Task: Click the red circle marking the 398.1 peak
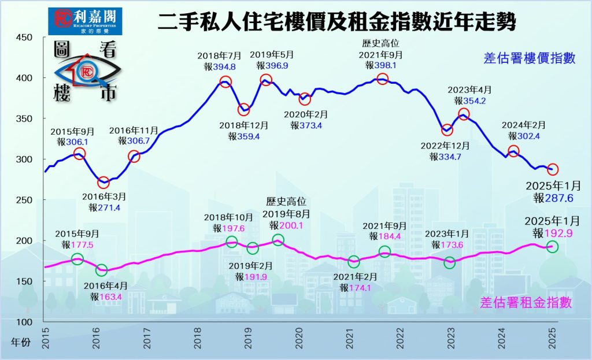pyautogui.click(x=382, y=79)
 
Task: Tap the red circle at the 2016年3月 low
pyautogui.click(x=103, y=183)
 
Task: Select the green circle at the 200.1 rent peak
pyautogui.click(x=278, y=240)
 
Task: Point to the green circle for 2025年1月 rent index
pyautogui.click(x=552, y=247)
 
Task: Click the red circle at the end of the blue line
pyautogui.click(x=553, y=169)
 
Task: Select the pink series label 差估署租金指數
pyautogui.click(x=526, y=302)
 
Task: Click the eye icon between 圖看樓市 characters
pyautogui.click(x=87, y=72)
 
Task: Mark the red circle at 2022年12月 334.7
pyautogui.click(x=446, y=131)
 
